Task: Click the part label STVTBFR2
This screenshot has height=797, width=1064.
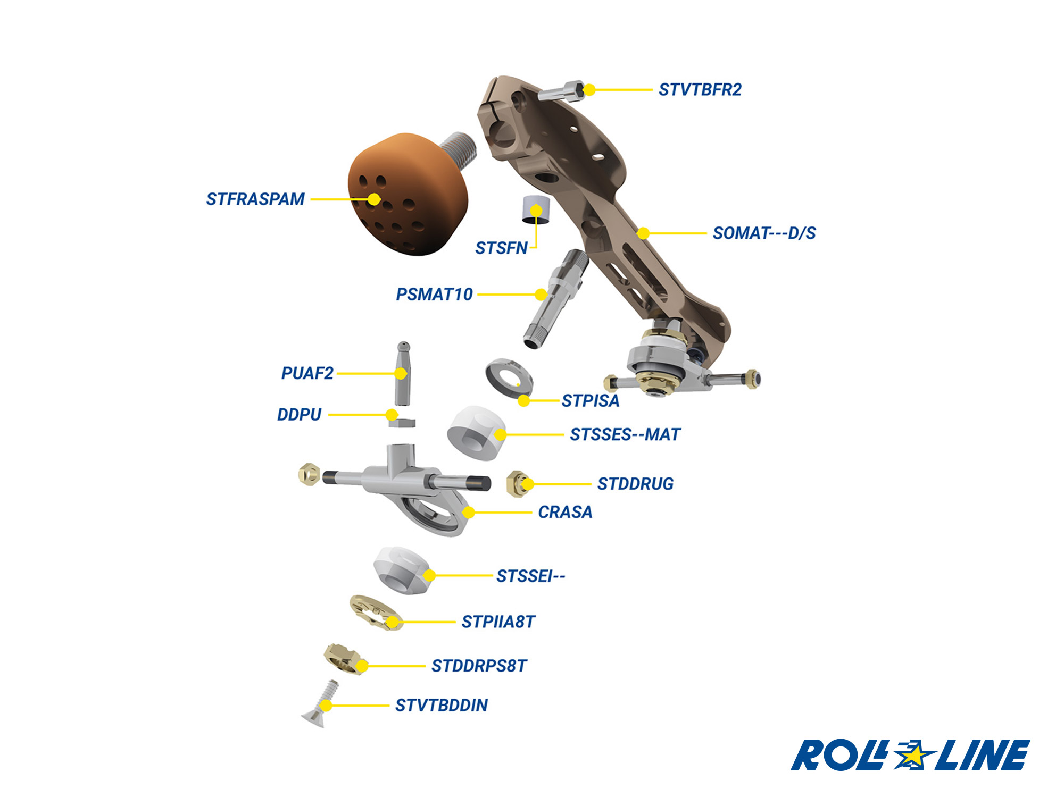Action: click(x=700, y=90)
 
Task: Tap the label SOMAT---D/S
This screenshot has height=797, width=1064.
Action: click(x=764, y=233)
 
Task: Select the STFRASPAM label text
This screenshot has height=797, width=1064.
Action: click(x=255, y=199)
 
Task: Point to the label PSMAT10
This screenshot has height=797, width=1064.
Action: click(x=434, y=294)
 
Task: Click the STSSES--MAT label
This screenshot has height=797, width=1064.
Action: click(x=625, y=434)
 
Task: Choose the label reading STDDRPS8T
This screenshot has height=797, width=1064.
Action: click(x=479, y=666)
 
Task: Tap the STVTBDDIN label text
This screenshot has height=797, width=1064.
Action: click(x=441, y=705)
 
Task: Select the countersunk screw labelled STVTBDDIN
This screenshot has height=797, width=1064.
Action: click(x=321, y=707)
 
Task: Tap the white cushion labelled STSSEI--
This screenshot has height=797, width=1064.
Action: click(x=402, y=570)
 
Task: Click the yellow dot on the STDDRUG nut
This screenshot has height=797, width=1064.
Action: click(x=527, y=484)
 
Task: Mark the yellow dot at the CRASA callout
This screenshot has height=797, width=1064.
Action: click(x=469, y=513)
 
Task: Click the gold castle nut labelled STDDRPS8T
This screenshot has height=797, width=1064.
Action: click(x=345, y=659)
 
